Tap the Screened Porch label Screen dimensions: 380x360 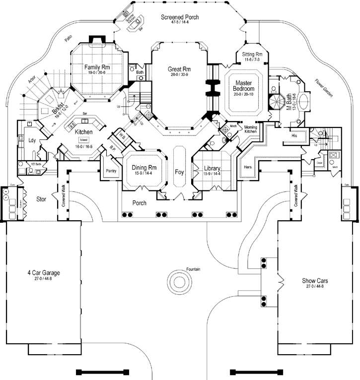(x=180, y=17)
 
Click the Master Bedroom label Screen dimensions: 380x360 (x=244, y=85)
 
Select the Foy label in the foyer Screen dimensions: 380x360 (x=179, y=172)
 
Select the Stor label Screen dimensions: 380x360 (x=42, y=200)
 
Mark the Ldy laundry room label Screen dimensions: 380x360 (x=30, y=140)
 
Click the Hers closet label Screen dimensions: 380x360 (x=248, y=167)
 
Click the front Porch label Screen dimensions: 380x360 (x=140, y=203)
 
